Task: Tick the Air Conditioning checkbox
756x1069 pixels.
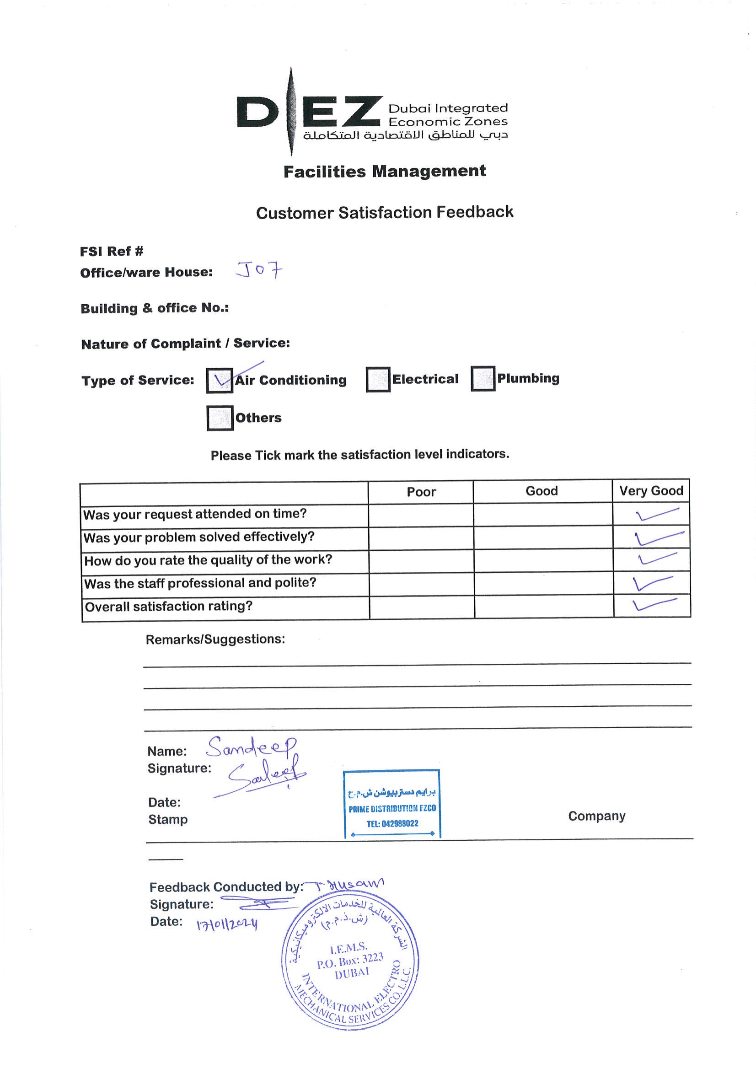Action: pyautogui.click(x=220, y=381)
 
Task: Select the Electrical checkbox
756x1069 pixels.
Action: pyautogui.click(x=377, y=380)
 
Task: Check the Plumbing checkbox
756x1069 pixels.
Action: pyautogui.click(x=483, y=379)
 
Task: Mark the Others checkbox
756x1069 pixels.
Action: pyautogui.click(x=220, y=418)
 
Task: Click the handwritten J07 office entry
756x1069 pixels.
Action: pyautogui.click(x=259, y=270)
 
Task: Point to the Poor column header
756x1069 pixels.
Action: pyautogui.click(x=421, y=492)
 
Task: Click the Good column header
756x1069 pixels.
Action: pyautogui.click(x=542, y=491)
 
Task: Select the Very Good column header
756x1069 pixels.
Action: pyautogui.click(x=651, y=491)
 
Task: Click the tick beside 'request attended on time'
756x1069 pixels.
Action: pyautogui.click(x=656, y=514)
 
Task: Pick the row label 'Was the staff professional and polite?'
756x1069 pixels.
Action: pyautogui.click(x=200, y=583)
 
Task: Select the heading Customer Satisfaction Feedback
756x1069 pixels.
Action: pyautogui.click(x=385, y=212)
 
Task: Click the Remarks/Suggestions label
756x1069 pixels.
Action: pyautogui.click(x=215, y=639)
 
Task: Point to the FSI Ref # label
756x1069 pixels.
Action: pyautogui.click(x=112, y=252)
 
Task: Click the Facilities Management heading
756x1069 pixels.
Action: pyautogui.click(x=385, y=172)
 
